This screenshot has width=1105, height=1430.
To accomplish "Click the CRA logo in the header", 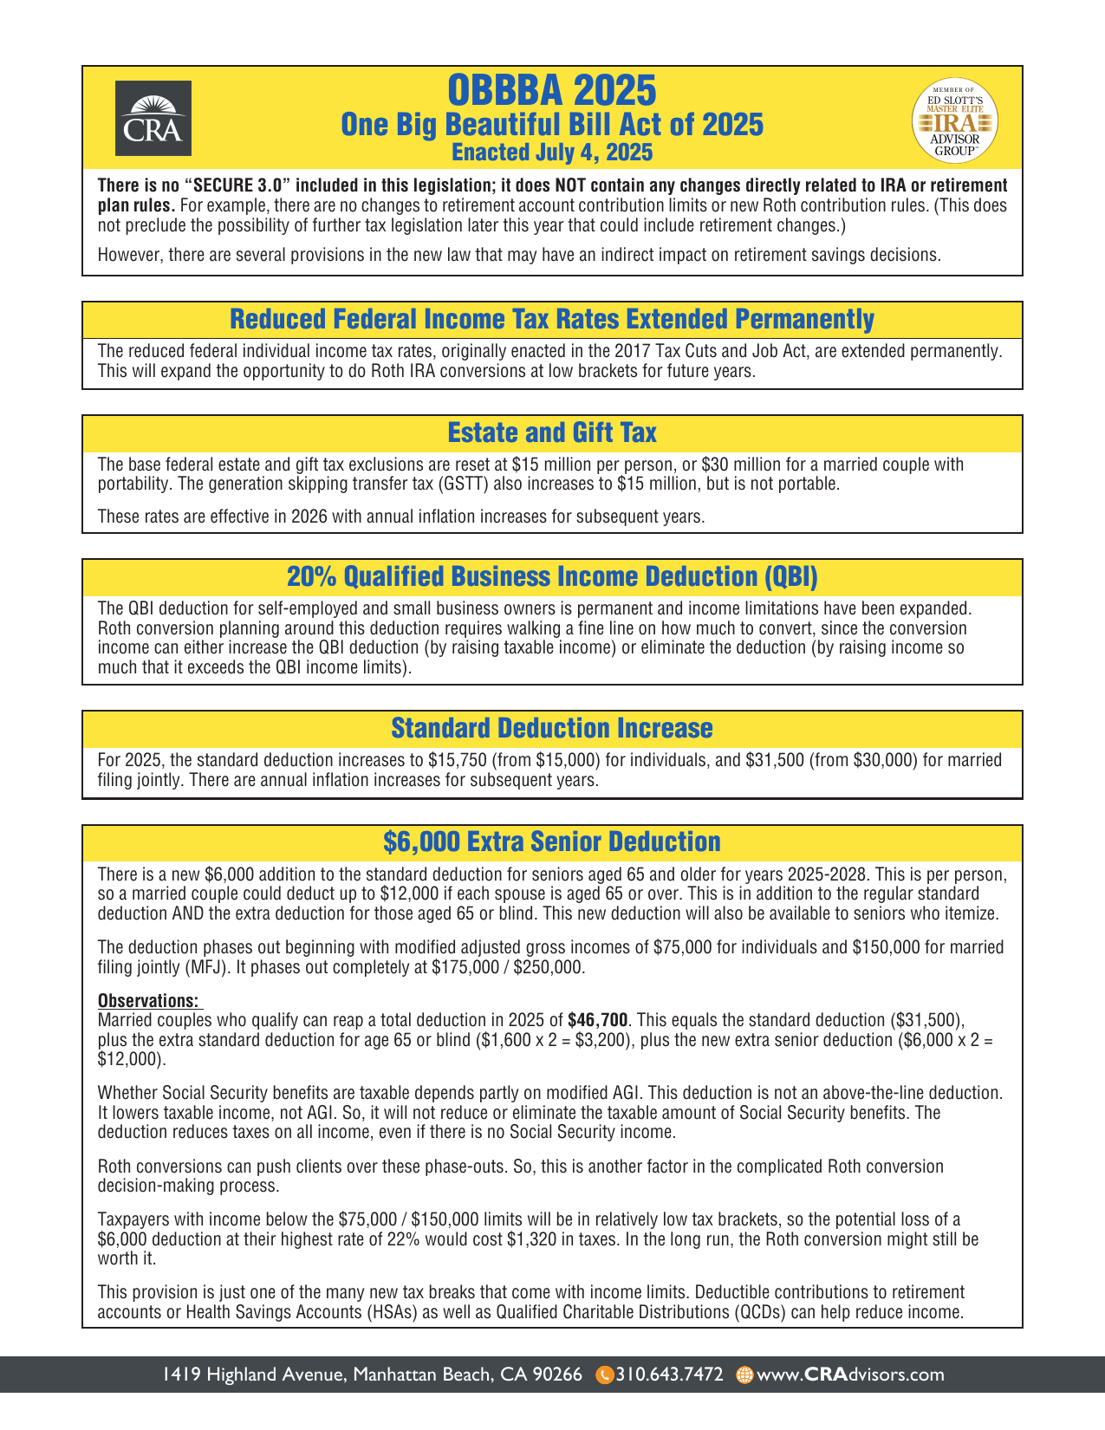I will pyautogui.click(x=154, y=118).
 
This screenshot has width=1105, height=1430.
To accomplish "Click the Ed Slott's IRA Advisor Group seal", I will pyautogui.click(x=954, y=121).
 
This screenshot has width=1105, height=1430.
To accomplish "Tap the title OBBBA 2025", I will pyautogui.click(x=552, y=89).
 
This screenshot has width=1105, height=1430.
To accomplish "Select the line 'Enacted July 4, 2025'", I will pyautogui.click(x=552, y=153).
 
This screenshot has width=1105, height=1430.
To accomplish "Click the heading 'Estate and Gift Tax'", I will pyautogui.click(x=552, y=432).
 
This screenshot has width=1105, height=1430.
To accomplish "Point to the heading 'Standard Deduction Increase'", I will pyautogui.click(x=552, y=728).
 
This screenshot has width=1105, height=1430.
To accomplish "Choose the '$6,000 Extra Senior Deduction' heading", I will pyautogui.click(x=552, y=842).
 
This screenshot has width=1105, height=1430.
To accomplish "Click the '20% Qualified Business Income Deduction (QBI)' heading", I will pyautogui.click(x=552, y=576).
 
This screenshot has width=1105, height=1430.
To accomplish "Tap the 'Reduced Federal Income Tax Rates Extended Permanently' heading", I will pyautogui.click(x=552, y=319).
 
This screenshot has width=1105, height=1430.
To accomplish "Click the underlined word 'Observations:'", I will pyautogui.click(x=148, y=1000).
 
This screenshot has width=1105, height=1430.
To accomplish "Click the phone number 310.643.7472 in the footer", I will pyautogui.click(x=669, y=1375).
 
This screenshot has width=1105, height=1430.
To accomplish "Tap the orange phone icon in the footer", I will pyautogui.click(x=605, y=1375).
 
